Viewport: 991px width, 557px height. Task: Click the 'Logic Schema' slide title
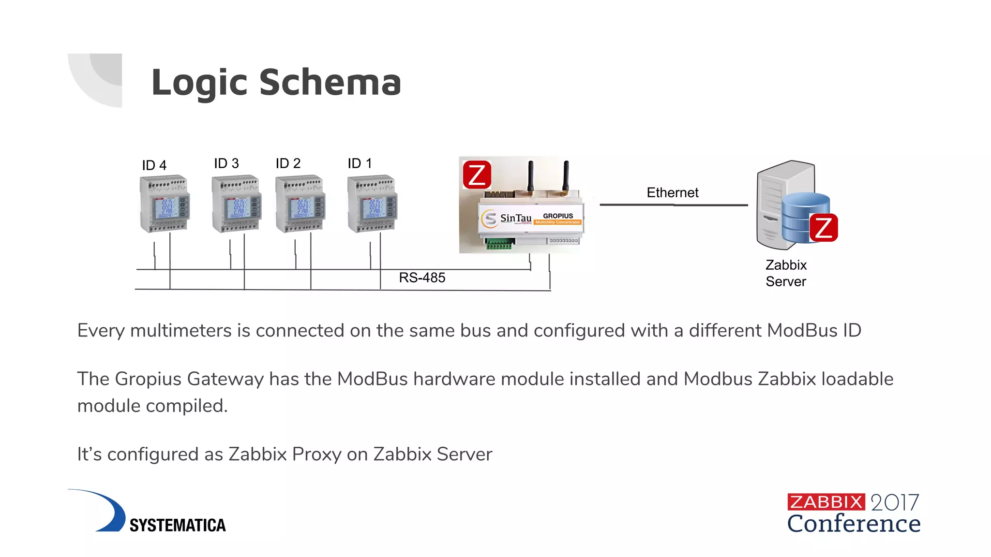[x=276, y=82]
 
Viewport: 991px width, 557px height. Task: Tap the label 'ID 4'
[x=154, y=165]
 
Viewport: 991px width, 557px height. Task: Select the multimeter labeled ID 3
[x=237, y=204]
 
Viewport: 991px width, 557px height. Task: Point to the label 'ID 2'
[x=288, y=163]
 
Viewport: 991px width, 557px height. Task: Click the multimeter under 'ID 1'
[x=372, y=204]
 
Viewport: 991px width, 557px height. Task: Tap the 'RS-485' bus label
[x=422, y=278]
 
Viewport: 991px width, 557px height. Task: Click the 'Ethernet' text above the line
[x=672, y=192]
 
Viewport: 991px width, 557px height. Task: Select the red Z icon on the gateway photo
[x=477, y=175]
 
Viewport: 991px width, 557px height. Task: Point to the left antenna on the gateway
[x=530, y=176]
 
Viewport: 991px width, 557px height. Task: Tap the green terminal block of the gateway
[x=498, y=245]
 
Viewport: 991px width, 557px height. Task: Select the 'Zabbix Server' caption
[x=786, y=273]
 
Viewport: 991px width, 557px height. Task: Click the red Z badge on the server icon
[x=824, y=228]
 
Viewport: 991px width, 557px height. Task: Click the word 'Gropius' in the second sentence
[x=149, y=379]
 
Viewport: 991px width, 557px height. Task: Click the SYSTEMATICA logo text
[x=178, y=525]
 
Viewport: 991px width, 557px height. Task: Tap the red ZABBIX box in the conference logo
[x=826, y=502]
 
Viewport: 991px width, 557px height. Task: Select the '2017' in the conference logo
[x=894, y=503]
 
